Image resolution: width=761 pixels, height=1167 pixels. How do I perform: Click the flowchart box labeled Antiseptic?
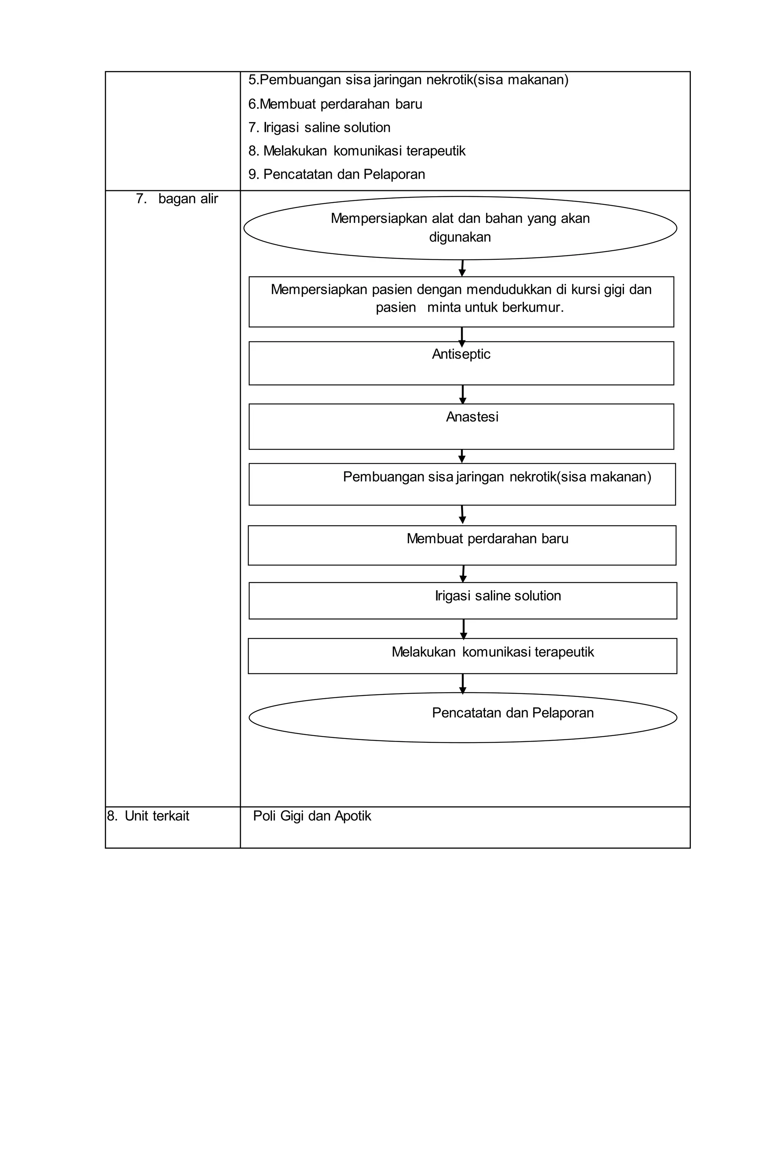461,363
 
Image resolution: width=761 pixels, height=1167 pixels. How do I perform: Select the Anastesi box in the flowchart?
461,426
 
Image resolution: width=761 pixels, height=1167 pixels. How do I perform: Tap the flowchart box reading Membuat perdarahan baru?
462,545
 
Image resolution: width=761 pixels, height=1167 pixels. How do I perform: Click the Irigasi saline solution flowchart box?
462,601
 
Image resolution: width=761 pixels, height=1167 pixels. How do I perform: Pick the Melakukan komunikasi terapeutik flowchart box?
462,656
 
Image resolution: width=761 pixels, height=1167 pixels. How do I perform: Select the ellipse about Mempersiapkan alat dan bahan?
460,228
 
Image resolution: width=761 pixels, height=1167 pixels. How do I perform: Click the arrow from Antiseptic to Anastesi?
462,395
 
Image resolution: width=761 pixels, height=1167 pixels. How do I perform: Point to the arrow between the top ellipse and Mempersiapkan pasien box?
462,268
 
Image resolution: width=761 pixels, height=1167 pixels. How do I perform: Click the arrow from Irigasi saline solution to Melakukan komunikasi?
463,629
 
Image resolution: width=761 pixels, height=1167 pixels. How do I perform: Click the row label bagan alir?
177,198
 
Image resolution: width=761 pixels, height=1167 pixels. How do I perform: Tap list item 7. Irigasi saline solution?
319,127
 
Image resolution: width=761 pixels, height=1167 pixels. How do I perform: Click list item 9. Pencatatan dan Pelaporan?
336,174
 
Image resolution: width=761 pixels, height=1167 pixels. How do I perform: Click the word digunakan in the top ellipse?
460,237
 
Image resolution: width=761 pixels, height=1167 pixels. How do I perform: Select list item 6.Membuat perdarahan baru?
335,104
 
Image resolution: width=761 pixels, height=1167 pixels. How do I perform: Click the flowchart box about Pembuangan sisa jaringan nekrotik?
462,484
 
